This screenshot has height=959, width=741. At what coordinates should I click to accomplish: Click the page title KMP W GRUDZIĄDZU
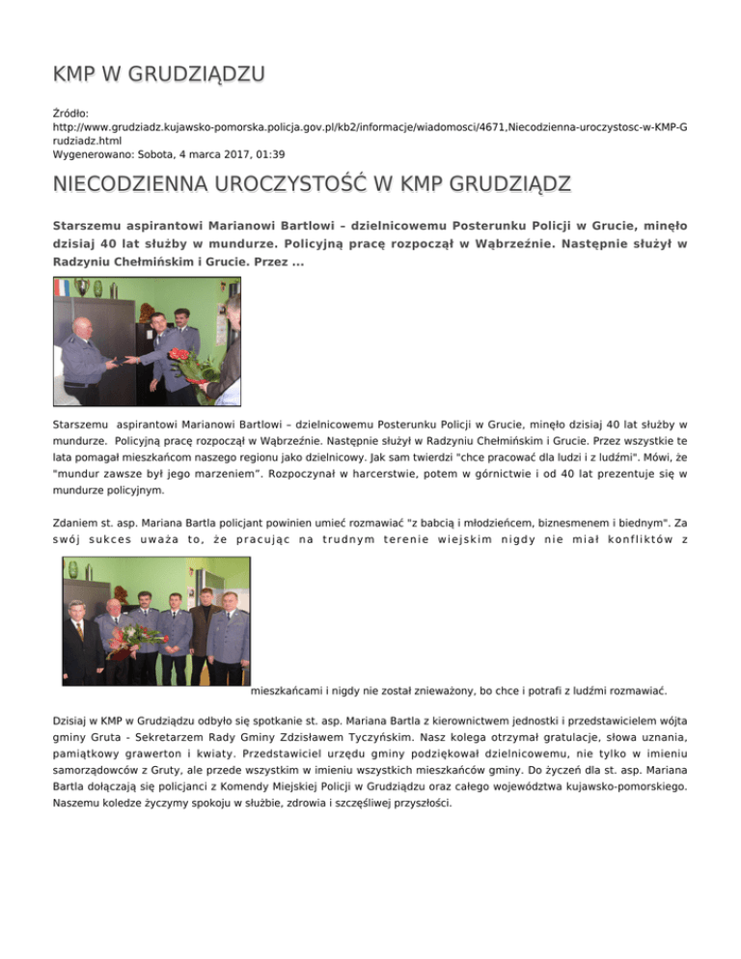(159, 73)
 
